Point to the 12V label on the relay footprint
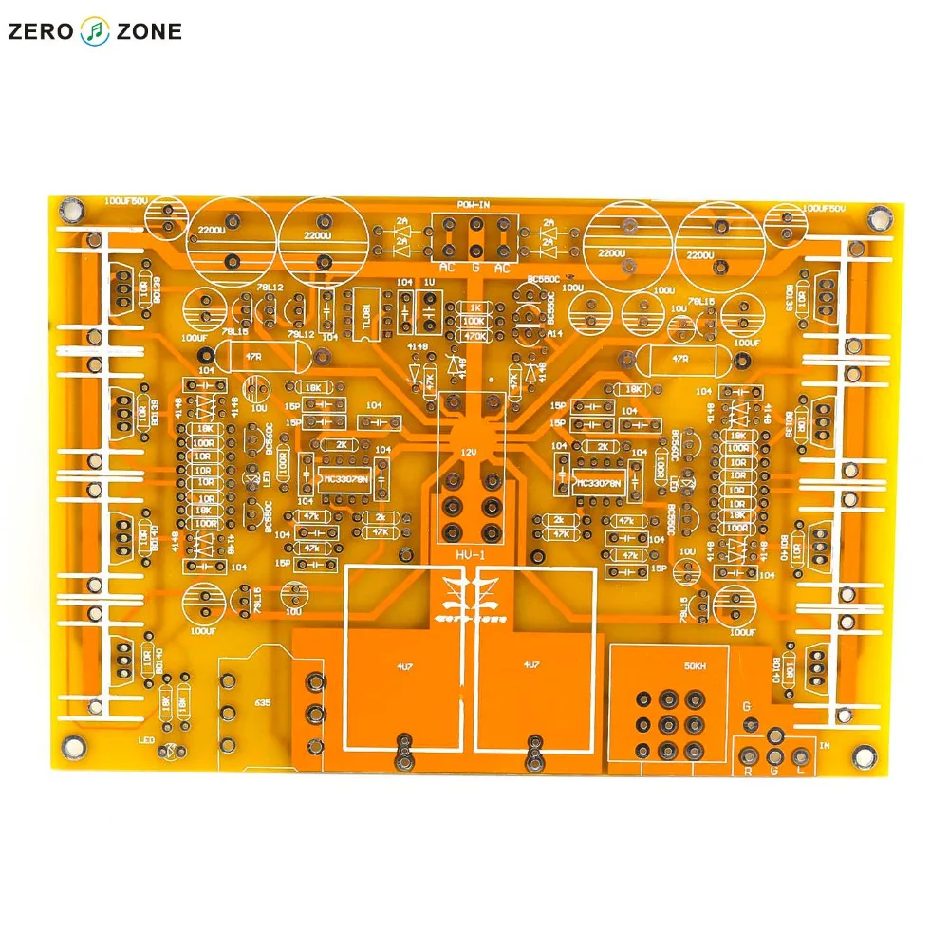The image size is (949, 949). [x=468, y=453]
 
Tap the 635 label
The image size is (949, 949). [x=262, y=703]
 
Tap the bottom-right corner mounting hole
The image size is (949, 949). [x=864, y=756]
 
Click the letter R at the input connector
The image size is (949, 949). [x=748, y=772]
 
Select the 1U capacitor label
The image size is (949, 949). [x=430, y=283]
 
